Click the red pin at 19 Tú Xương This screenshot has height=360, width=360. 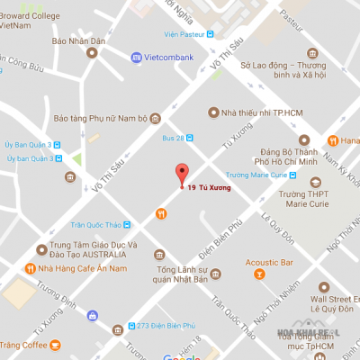181,174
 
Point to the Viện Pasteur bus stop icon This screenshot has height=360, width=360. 211,34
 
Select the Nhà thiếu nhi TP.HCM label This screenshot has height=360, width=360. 256,112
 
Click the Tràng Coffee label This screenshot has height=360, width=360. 23,345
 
